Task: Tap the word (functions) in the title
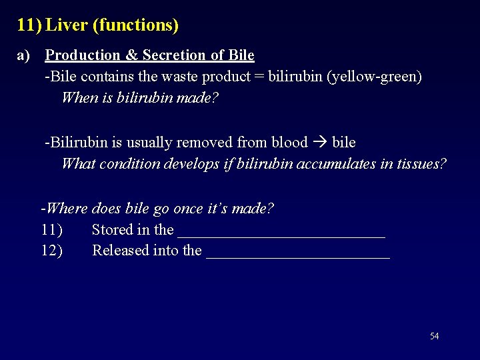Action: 135,25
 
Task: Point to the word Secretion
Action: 174,55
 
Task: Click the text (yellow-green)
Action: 379,77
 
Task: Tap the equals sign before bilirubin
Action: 258,77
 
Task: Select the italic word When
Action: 78,97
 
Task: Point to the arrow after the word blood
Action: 319,143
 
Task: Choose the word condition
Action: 133,163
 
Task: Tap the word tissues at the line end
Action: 421,163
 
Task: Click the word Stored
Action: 112,230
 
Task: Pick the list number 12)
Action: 51,251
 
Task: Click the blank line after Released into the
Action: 298,253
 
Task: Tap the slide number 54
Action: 435,336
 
